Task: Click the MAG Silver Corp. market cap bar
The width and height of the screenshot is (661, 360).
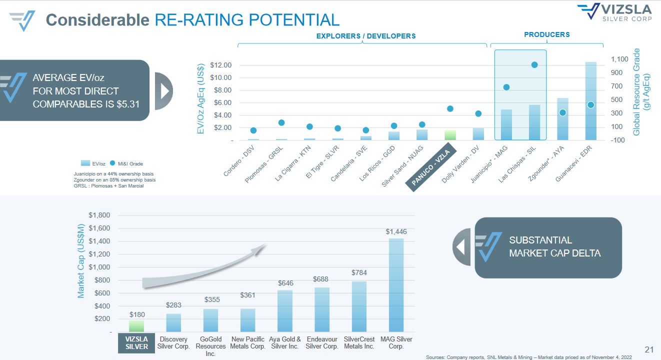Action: pos(396,285)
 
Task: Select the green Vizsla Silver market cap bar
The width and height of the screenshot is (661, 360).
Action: pos(137,326)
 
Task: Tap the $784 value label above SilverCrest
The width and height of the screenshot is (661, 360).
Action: pos(359,272)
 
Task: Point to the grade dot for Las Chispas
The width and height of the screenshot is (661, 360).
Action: pos(534,65)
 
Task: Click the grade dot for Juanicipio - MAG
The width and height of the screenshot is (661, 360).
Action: pos(506,87)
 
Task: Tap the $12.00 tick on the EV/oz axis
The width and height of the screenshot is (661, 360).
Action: pos(220,65)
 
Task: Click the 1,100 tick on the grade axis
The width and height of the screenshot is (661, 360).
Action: pos(619,59)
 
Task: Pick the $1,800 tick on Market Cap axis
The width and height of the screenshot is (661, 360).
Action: pos(99,215)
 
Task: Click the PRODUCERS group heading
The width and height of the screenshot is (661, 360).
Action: pos(546,34)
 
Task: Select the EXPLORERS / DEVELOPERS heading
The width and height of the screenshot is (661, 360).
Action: pos(366,36)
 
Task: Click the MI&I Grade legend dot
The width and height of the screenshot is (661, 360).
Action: pos(113,163)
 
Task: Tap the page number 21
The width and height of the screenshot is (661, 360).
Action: pos(649,349)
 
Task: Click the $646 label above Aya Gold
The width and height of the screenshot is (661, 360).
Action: pos(285,283)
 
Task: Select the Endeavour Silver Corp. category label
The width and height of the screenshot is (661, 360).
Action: pos(322,343)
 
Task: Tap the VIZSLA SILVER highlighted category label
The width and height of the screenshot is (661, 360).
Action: pos(137,343)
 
